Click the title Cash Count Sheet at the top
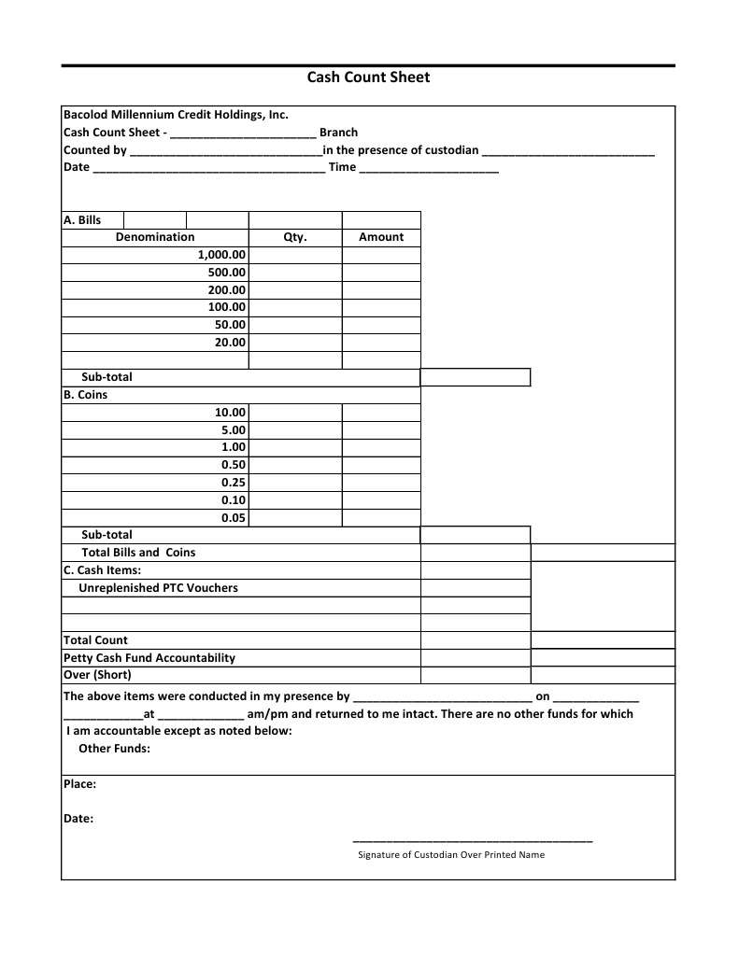coord(368,77)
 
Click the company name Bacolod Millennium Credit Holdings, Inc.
coord(176,115)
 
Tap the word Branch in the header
coord(338,133)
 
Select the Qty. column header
coord(295,237)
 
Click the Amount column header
coord(381,237)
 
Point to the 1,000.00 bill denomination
coord(221,255)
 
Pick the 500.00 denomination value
coord(226,273)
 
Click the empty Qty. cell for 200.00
coord(295,290)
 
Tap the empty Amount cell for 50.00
coord(381,325)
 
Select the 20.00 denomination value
coord(230,343)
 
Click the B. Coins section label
coord(85,395)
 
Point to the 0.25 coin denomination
coord(234,483)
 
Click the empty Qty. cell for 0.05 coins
coord(295,518)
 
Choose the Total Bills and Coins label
coord(138,553)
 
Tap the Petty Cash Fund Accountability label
coord(149,658)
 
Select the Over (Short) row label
coord(97,675)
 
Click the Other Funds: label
coord(114,749)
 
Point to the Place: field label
coord(79,784)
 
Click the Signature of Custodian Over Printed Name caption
coord(451,855)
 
